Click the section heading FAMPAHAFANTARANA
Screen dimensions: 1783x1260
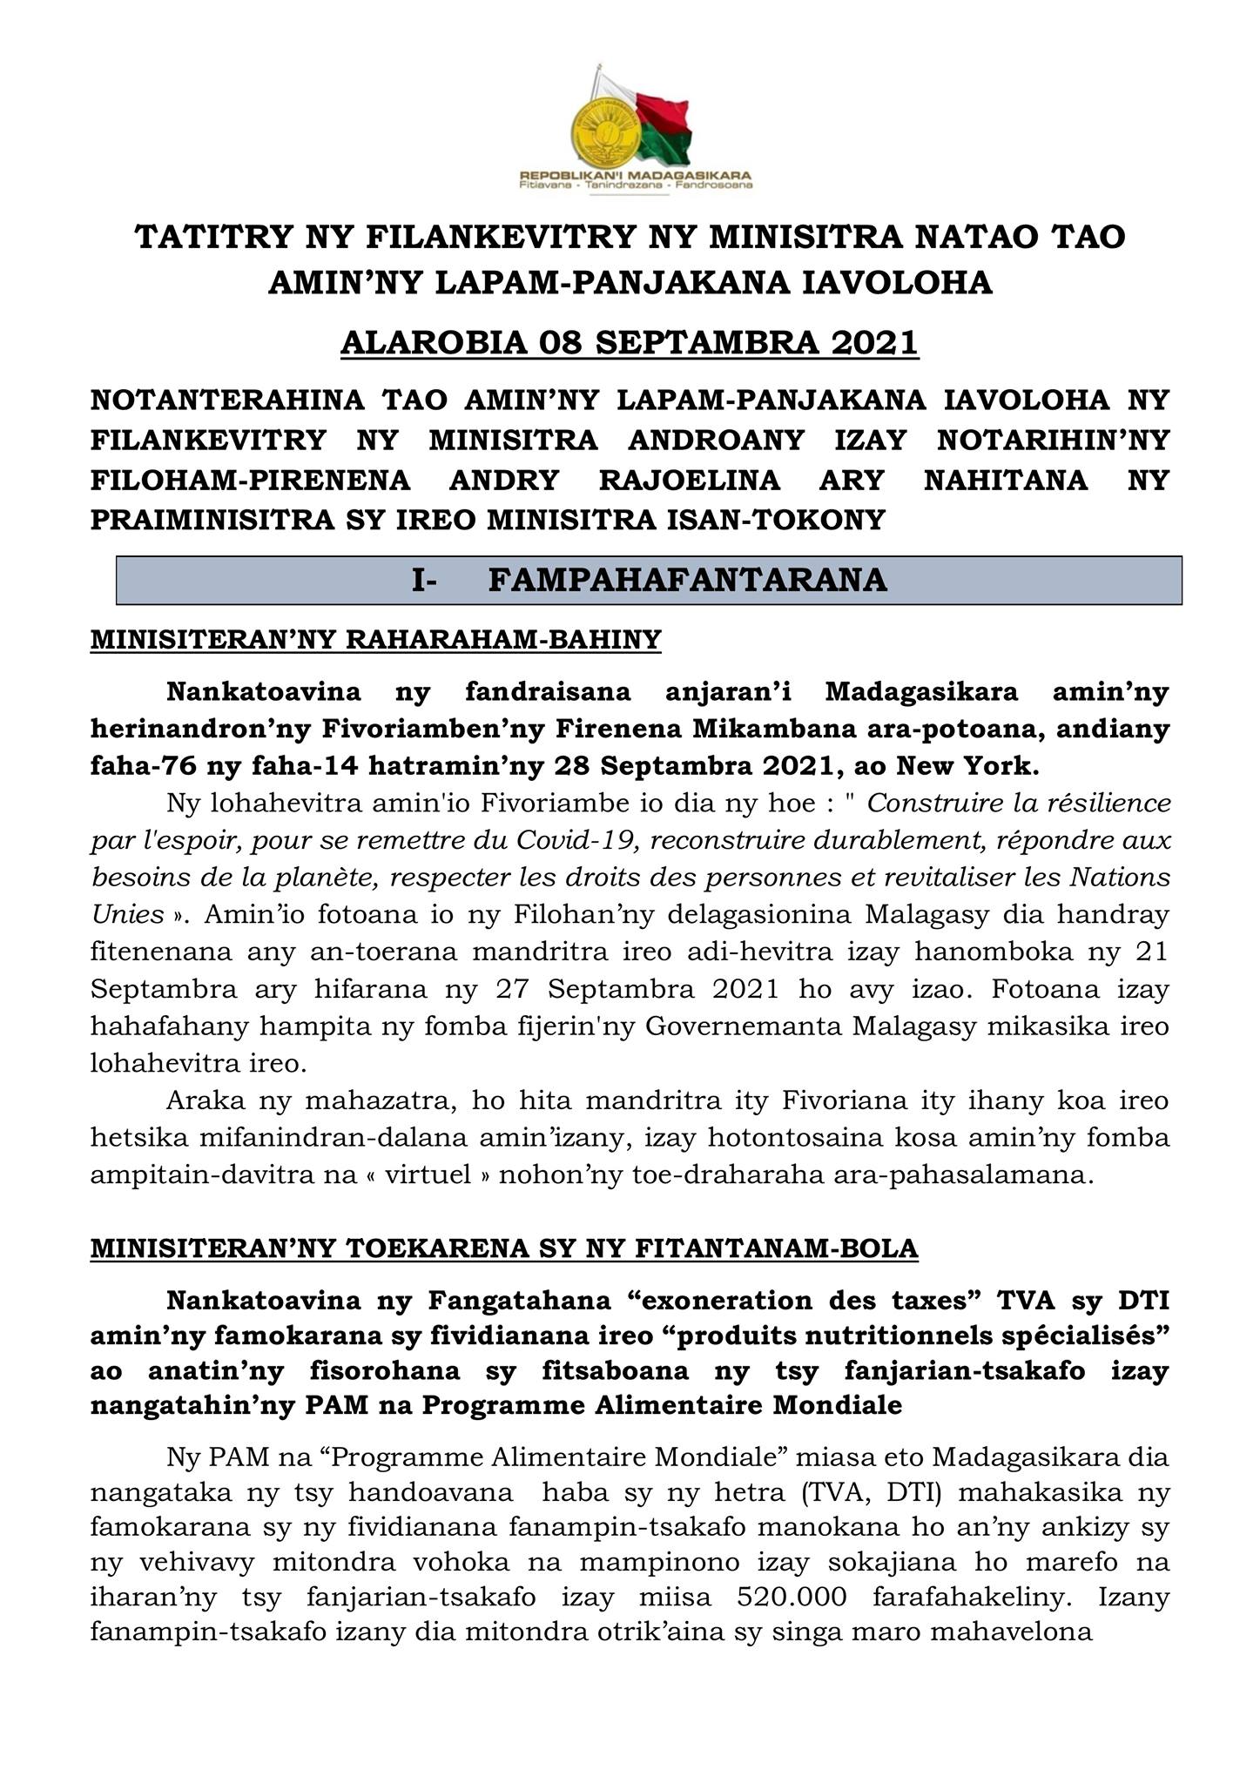(687, 580)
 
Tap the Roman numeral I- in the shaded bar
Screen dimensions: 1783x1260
(424, 580)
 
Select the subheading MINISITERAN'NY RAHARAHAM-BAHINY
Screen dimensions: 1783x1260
(375, 640)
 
